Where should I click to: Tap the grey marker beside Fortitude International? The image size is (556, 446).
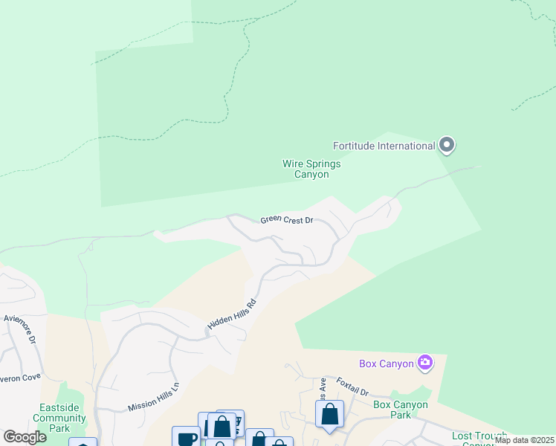click(446, 145)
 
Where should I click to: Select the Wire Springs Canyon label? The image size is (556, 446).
click(311, 169)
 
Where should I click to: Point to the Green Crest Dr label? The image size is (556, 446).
click(287, 221)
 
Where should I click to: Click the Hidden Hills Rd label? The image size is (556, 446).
click(232, 316)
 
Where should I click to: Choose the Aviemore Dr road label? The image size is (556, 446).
click(19, 328)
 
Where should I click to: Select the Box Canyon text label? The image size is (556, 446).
click(386, 363)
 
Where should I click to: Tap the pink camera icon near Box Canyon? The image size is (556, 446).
click(425, 363)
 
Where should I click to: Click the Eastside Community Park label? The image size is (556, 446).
click(62, 418)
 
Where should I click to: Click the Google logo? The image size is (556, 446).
click(25, 437)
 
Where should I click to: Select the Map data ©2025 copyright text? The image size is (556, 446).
click(524, 440)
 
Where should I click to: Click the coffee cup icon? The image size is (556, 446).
click(186, 438)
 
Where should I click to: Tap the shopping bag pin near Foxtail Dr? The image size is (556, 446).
click(329, 414)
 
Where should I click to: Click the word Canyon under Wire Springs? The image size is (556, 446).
click(311, 175)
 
